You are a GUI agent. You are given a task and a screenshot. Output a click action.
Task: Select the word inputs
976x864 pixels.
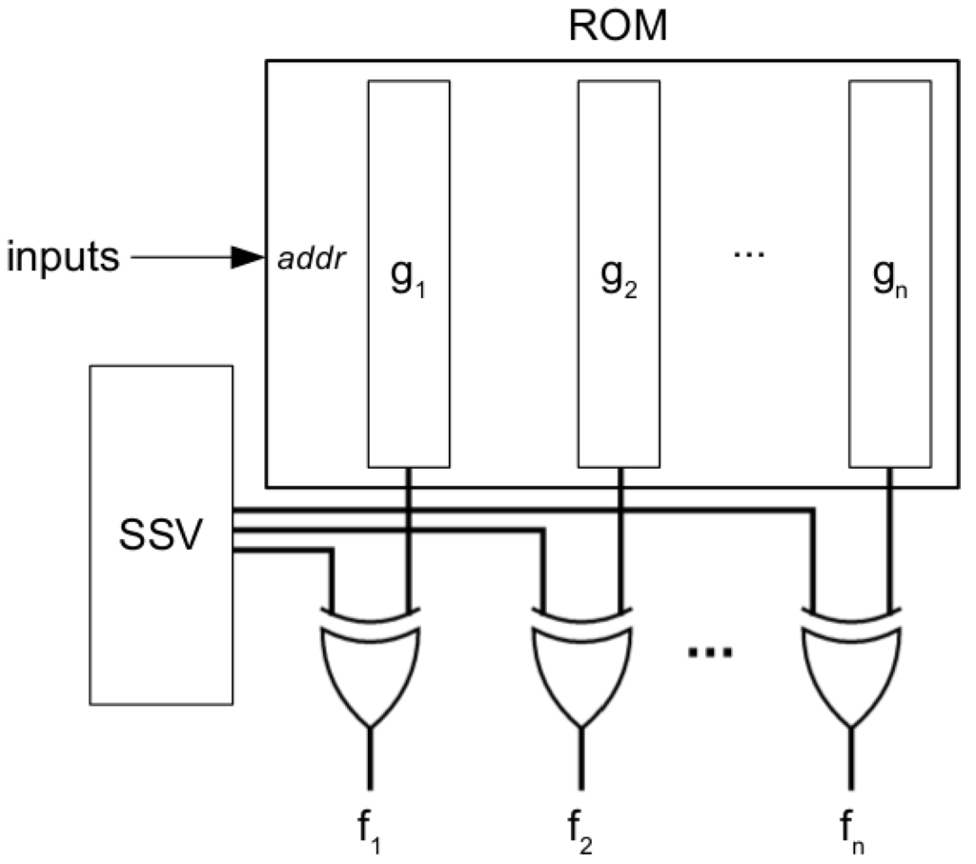tap(64, 257)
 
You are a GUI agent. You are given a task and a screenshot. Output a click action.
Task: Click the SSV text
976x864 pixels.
tap(160, 538)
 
